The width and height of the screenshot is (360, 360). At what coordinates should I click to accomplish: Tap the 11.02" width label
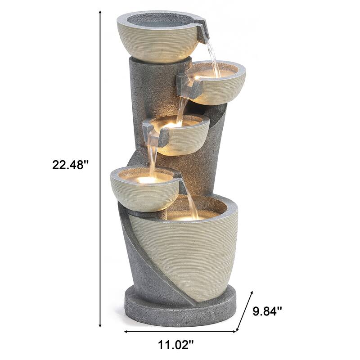176,346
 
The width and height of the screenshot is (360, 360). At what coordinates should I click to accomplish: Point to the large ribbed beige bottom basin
193,256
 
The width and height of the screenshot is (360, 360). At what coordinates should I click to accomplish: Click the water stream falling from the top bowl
213,58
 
